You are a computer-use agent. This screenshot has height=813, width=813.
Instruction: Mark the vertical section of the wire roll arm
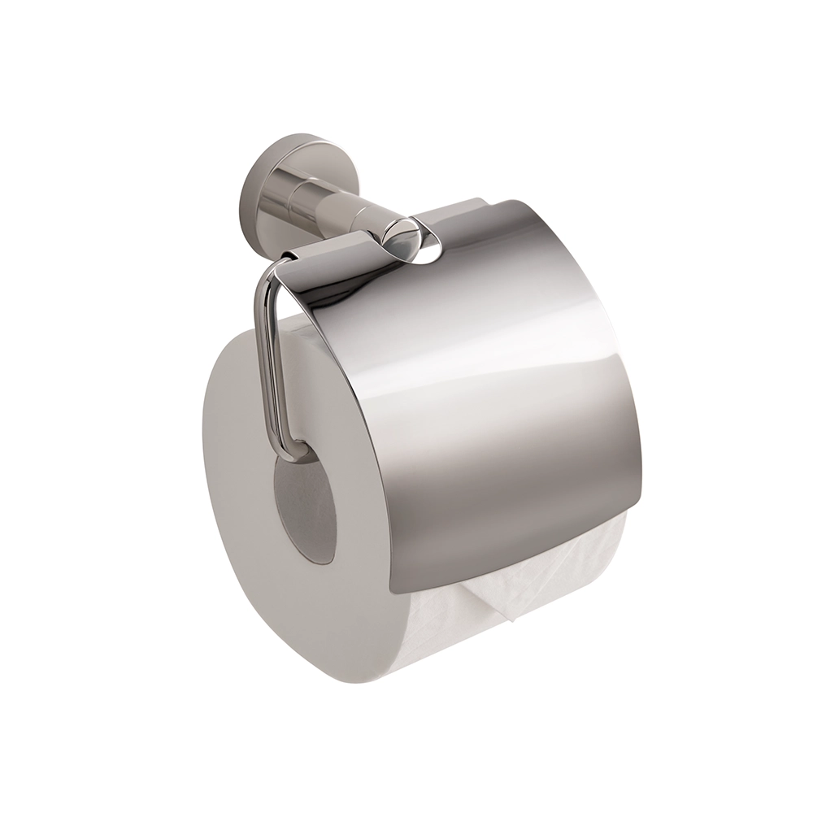(x=268, y=358)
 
